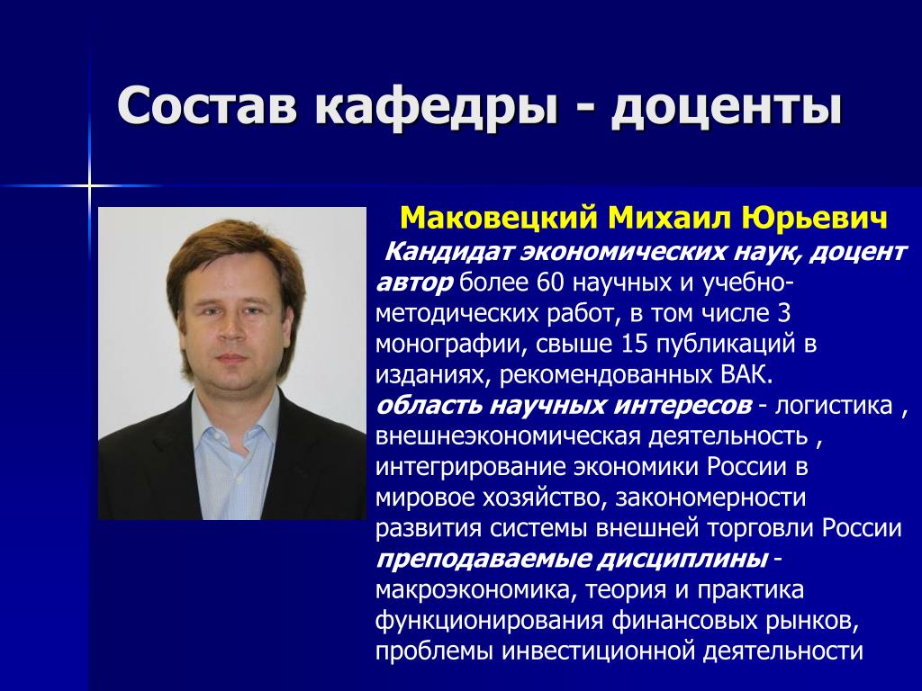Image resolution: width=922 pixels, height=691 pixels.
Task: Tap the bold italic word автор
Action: (x=414, y=283)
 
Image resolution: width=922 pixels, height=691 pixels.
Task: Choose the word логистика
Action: (x=833, y=406)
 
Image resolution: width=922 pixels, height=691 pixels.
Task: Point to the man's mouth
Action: (x=232, y=357)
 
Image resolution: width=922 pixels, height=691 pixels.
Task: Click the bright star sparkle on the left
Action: (x=90, y=186)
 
